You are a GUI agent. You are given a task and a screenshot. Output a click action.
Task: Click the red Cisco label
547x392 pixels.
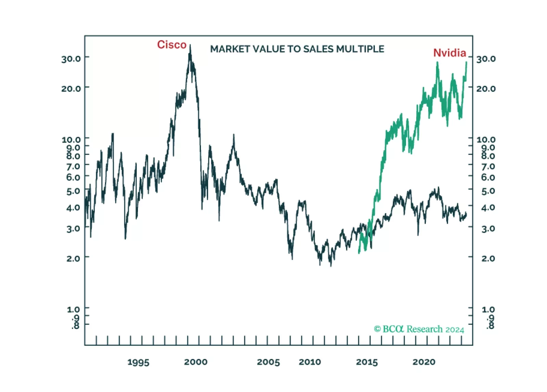click(x=171, y=45)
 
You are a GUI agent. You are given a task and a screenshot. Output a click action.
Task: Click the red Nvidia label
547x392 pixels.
click(x=449, y=53)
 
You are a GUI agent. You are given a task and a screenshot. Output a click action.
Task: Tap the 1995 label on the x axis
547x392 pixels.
click(x=138, y=362)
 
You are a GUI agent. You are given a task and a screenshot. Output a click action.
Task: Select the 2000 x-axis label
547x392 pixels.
click(x=195, y=362)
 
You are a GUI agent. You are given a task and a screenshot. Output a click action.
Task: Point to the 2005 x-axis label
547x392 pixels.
click(x=268, y=362)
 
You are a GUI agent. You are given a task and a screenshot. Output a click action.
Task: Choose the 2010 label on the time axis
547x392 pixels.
click(x=310, y=362)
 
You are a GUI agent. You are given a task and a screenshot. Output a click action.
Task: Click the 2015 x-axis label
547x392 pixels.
click(x=367, y=362)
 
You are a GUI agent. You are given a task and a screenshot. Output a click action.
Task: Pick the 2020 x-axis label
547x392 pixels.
click(x=424, y=362)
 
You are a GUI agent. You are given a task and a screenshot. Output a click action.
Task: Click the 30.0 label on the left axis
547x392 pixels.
click(x=71, y=59)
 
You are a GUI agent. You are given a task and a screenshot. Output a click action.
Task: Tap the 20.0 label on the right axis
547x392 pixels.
click(x=486, y=89)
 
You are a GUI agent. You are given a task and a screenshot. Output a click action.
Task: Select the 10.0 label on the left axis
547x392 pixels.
click(x=71, y=139)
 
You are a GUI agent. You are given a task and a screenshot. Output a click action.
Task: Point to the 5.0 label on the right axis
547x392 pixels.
click(x=488, y=191)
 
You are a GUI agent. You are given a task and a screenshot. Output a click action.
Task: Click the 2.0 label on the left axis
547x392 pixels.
click(x=73, y=258)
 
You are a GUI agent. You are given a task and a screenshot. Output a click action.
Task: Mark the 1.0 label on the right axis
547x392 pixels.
click(x=488, y=309)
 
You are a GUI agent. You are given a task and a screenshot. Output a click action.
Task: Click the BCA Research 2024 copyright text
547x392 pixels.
click(x=419, y=329)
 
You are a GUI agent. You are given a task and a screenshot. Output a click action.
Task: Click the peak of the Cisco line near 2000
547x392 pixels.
click(x=190, y=46)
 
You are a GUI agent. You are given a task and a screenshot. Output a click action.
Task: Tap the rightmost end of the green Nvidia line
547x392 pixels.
click(x=466, y=62)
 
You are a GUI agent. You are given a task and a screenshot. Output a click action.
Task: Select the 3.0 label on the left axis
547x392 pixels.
click(x=73, y=228)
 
